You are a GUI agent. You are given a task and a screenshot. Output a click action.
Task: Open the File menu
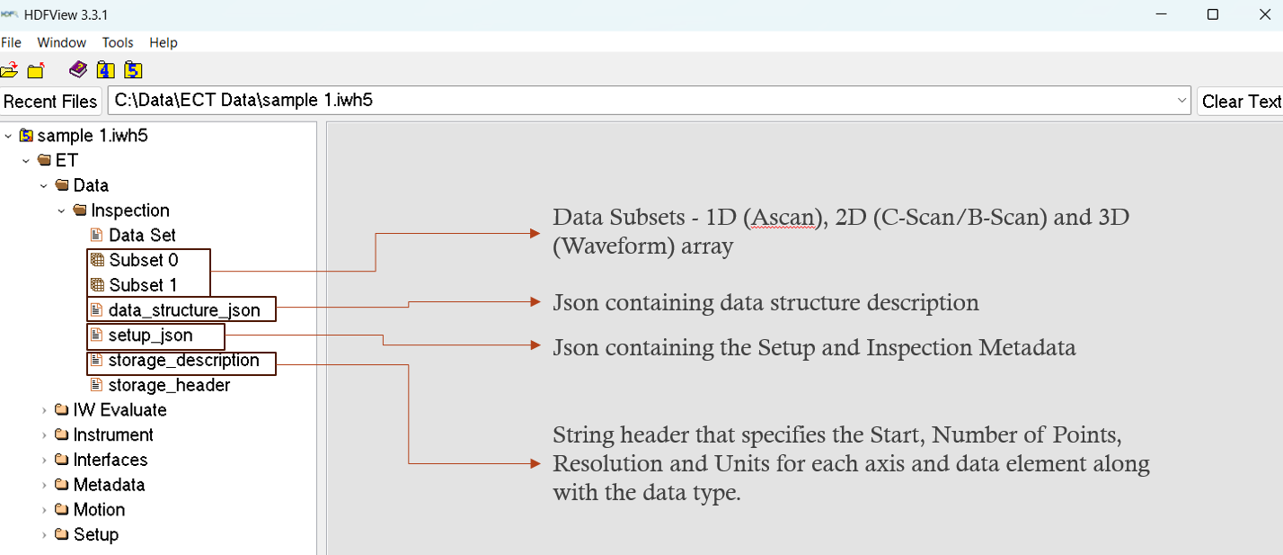click(x=11, y=42)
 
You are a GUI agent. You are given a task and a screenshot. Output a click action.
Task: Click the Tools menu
click(x=118, y=42)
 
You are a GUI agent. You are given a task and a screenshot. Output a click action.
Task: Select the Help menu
click(x=164, y=42)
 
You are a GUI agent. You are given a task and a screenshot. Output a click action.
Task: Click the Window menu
click(x=61, y=42)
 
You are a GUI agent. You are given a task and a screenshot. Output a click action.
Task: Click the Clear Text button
click(x=1240, y=102)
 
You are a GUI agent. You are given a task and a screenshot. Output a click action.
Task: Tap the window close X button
click(x=1265, y=14)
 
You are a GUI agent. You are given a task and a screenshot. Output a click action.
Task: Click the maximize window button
click(x=1213, y=14)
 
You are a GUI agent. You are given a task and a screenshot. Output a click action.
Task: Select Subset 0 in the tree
click(x=143, y=260)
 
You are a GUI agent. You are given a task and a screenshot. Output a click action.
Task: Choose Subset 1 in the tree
click(x=143, y=285)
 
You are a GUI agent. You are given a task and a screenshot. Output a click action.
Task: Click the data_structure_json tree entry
click(x=184, y=310)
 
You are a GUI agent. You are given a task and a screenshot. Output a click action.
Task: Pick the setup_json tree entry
click(x=150, y=335)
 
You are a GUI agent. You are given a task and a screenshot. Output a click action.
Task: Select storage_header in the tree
click(x=169, y=385)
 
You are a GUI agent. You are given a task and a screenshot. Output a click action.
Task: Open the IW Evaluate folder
click(x=119, y=410)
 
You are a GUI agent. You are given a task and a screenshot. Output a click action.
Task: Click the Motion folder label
click(x=99, y=510)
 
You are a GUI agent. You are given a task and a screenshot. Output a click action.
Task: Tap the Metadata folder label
click(x=109, y=485)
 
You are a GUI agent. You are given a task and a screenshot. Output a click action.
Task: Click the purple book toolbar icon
click(x=78, y=69)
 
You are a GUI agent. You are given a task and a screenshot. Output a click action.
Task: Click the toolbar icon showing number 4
click(x=105, y=69)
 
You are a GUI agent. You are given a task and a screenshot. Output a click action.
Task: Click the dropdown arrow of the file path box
click(x=1181, y=101)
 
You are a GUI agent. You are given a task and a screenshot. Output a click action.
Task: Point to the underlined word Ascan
click(x=783, y=218)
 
